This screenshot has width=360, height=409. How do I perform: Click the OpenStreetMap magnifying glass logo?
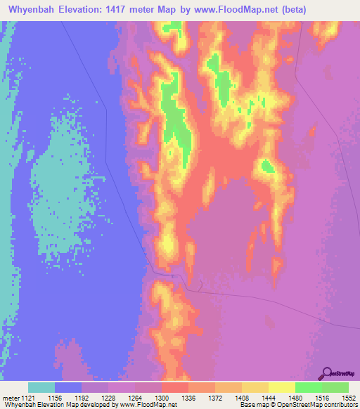(x=325, y=373)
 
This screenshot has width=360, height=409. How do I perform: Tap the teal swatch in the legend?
(x=41, y=387)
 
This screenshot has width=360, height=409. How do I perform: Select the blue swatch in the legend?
(x=68, y=387)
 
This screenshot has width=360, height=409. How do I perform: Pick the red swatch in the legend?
(x=175, y=387)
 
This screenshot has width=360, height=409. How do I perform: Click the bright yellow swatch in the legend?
(x=282, y=387)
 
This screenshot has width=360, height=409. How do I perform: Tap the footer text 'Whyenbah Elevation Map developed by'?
(x=53, y=405)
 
